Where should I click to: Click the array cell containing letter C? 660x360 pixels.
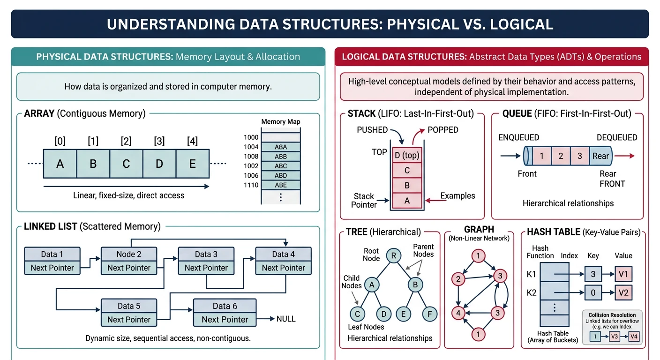126,164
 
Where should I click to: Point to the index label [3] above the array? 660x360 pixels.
159,141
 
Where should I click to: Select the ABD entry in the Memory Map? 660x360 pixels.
281,175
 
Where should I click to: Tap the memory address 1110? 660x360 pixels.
251,185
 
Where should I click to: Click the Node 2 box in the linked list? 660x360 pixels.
129,254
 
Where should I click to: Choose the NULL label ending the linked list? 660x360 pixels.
286,319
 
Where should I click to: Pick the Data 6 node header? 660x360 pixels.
225,306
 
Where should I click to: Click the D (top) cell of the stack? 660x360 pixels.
407,155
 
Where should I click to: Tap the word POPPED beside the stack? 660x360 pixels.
443,130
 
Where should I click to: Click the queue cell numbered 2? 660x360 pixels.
561,156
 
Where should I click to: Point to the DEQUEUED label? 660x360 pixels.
617,137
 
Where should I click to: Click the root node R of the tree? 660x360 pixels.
394,255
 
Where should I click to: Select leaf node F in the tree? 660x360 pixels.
430,313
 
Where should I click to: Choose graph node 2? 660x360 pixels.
457,279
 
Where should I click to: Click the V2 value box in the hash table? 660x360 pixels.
623,293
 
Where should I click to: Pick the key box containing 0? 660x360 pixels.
593,293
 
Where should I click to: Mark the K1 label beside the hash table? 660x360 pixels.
532,274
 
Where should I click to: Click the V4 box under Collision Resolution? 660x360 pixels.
634,336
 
